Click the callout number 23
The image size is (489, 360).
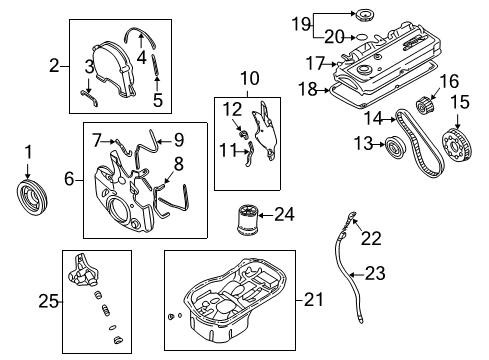(374, 271)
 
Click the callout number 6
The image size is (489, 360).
(68, 179)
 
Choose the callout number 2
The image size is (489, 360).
(54, 67)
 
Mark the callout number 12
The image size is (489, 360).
(232, 108)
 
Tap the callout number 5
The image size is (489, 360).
(156, 99)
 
